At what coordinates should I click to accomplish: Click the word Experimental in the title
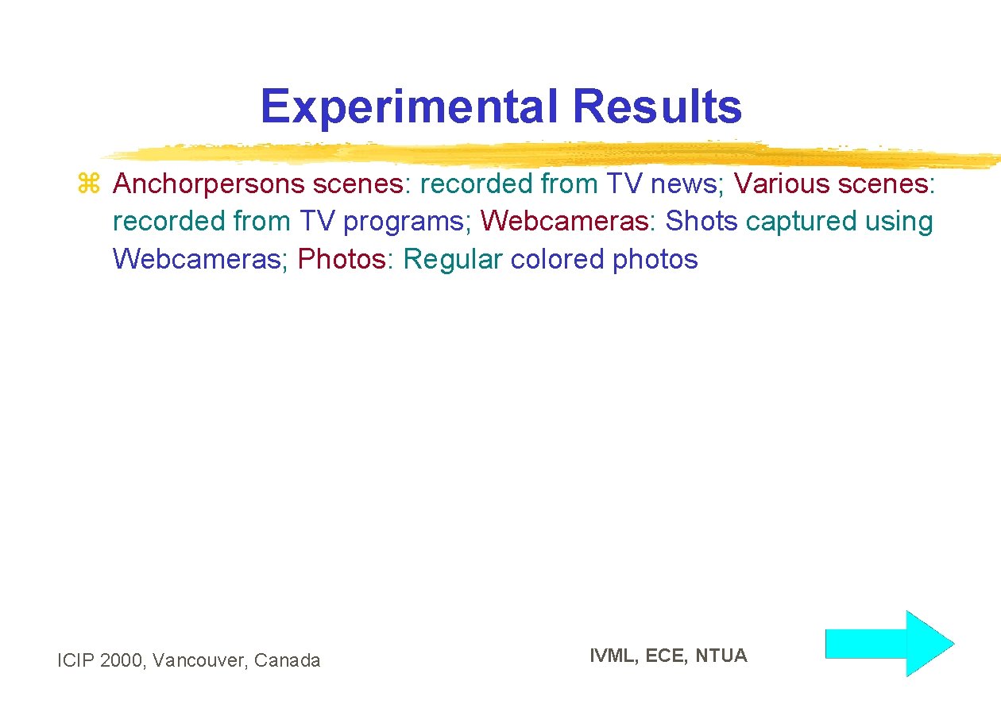tap(409, 106)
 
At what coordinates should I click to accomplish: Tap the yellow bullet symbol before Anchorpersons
tap(87, 184)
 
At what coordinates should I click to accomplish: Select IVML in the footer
tap(613, 656)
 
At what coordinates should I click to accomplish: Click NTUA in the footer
tap(721, 656)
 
